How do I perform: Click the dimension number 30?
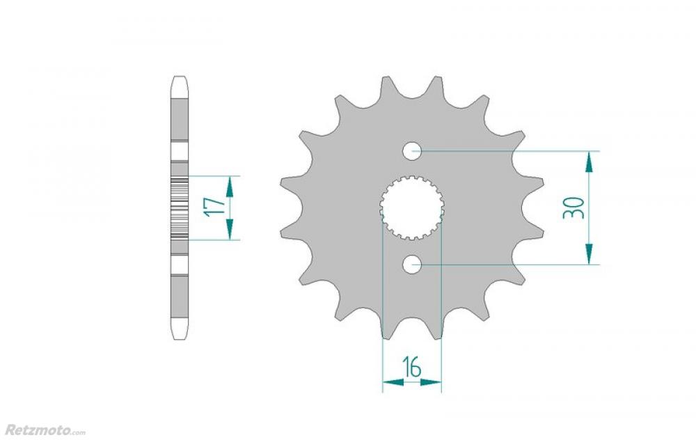point(574,207)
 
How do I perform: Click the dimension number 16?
point(412,367)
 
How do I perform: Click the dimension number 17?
point(214,207)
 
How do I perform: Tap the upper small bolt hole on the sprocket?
point(412,151)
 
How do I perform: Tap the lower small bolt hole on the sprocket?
point(412,265)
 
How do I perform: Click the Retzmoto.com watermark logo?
point(45,430)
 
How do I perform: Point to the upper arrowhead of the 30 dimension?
point(589,162)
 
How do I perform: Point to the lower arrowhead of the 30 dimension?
point(589,254)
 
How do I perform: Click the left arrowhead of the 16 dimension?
point(393,382)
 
